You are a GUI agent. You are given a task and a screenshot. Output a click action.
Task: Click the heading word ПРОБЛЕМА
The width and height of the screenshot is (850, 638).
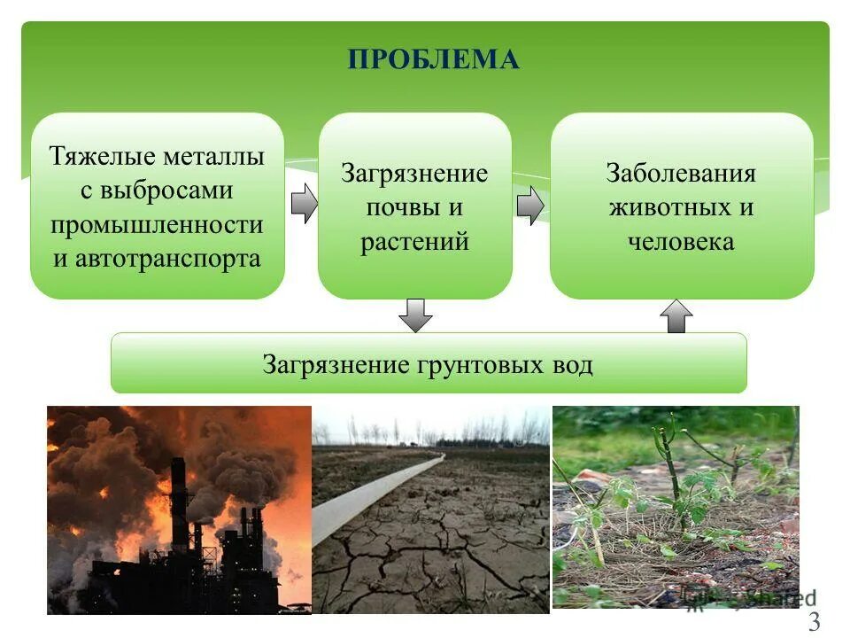click(x=433, y=60)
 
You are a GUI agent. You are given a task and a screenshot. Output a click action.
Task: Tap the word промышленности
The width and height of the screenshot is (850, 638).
click(x=157, y=224)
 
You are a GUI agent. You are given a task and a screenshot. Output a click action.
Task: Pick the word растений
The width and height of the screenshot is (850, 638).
click(x=414, y=241)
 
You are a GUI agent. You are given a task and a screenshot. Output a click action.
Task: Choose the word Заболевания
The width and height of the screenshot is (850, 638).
click(x=681, y=173)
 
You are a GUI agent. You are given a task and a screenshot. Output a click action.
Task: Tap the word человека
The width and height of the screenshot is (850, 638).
click(x=681, y=241)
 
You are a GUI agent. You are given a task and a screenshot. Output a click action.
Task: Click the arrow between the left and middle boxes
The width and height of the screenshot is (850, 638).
click(x=304, y=204)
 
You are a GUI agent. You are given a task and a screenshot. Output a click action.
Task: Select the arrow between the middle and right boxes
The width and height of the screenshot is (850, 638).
click(x=529, y=206)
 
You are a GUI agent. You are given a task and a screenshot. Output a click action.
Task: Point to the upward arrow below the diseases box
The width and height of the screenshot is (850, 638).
click(x=676, y=315)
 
